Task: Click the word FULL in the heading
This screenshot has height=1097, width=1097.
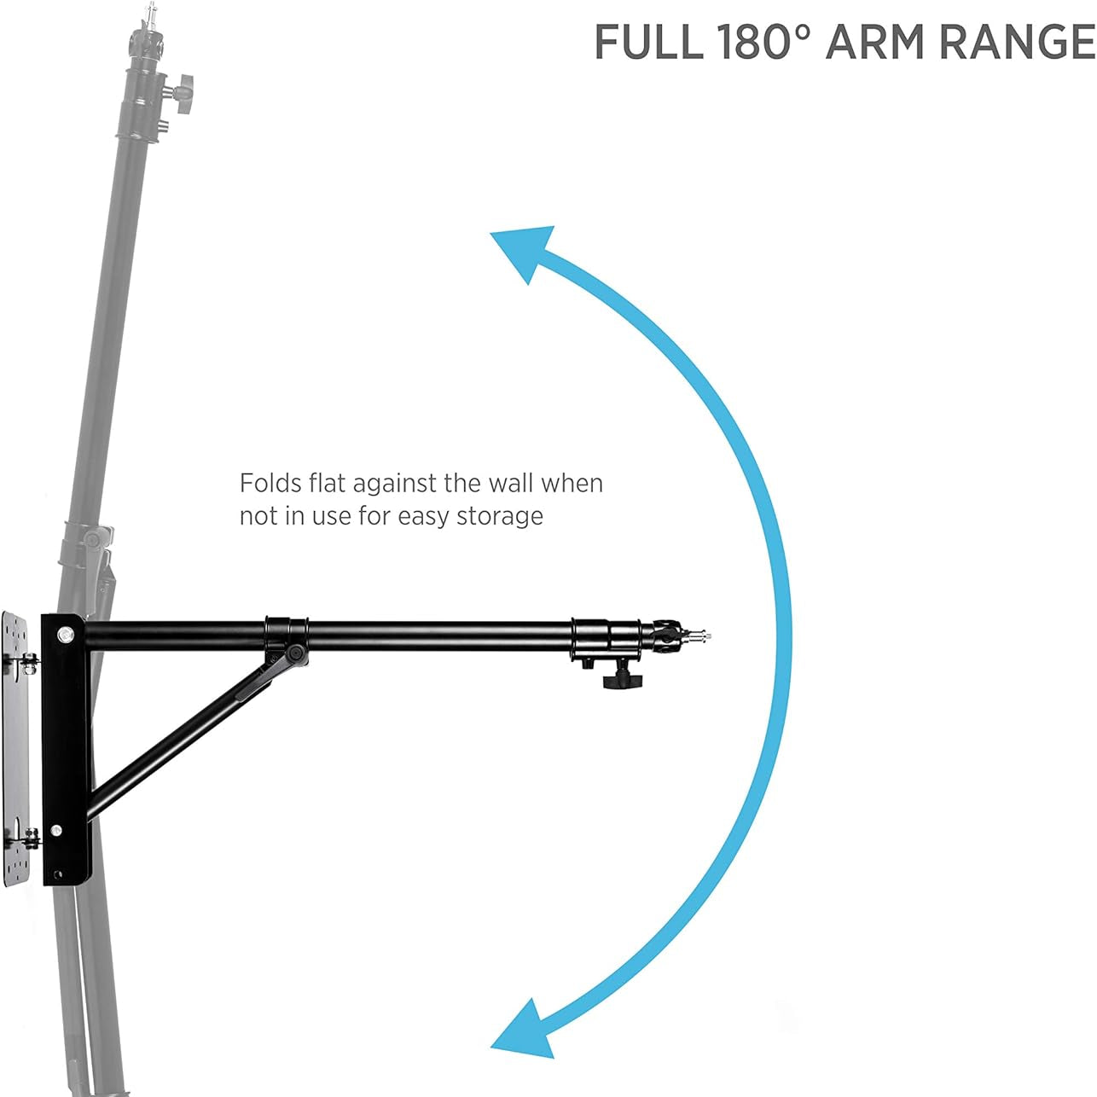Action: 648,43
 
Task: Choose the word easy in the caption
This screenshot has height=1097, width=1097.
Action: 425,517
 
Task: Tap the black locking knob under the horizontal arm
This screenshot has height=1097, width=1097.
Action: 621,680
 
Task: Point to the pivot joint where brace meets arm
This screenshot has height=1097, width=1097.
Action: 295,653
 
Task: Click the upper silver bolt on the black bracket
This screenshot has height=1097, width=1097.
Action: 64,634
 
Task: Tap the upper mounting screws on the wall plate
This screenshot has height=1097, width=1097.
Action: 28,661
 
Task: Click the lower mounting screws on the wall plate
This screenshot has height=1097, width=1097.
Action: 28,837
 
